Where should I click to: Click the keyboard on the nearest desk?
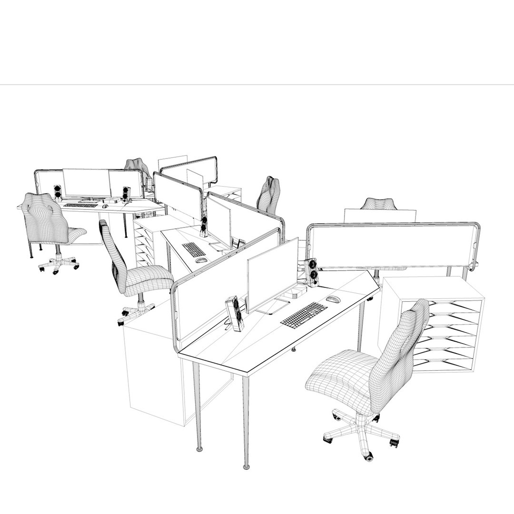click(x=304, y=315)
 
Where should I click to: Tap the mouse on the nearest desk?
click(x=333, y=299)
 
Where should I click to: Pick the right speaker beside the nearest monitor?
click(x=312, y=272)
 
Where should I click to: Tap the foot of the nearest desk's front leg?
click(x=246, y=465)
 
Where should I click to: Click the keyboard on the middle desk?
click(x=194, y=249)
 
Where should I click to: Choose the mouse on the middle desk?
click(x=201, y=260)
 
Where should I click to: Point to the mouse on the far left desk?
click(x=105, y=206)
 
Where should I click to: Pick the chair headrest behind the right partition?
click(x=379, y=204)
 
